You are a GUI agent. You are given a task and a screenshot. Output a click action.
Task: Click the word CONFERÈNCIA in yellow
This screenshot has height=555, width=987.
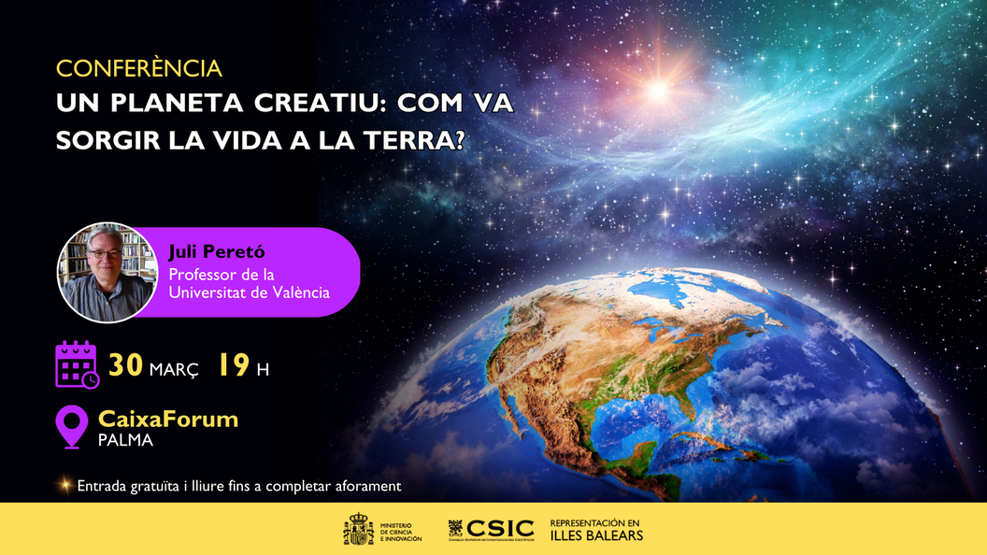click(138, 69)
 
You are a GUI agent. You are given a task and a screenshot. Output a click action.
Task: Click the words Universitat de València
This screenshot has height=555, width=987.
click(249, 292)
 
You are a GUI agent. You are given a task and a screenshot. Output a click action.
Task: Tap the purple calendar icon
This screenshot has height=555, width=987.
click(77, 364)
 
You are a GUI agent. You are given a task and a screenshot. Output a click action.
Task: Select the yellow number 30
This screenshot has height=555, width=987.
click(125, 365)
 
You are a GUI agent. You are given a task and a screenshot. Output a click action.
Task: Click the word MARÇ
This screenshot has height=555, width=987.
click(174, 369)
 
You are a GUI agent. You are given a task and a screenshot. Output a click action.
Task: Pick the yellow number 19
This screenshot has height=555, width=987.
click(234, 365)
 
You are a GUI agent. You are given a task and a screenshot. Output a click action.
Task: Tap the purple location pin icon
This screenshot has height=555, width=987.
click(72, 425)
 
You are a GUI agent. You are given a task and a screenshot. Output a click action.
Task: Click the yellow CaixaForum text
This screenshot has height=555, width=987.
click(168, 419)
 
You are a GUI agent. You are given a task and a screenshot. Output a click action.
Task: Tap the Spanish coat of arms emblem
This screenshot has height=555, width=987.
click(358, 530)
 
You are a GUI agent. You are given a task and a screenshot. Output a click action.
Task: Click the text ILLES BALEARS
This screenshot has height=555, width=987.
click(596, 535)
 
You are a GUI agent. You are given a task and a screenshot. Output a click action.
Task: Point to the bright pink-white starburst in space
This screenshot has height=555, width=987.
click(658, 90)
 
